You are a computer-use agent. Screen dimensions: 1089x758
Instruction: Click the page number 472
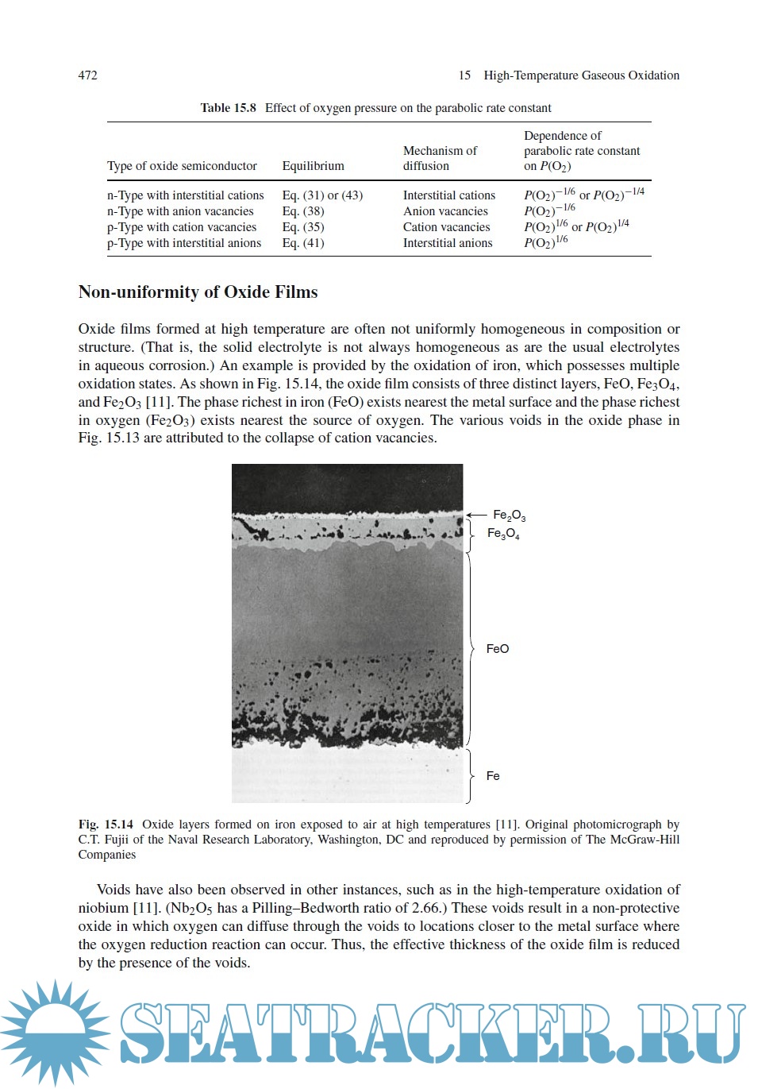point(87,75)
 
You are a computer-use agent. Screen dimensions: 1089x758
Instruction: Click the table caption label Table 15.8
point(228,108)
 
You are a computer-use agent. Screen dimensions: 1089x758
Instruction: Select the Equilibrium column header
point(313,166)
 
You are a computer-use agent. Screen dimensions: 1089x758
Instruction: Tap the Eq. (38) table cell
point(303,211)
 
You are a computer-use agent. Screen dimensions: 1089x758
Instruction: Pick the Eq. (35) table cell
point(303,227)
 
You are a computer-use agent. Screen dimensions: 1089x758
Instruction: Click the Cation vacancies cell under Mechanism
point(446,227)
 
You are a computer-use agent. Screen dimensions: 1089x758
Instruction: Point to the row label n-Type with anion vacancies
point(180,211)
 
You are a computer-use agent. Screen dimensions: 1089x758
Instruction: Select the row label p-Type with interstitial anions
point(184,243)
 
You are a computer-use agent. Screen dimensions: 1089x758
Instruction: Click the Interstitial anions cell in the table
point(448,243)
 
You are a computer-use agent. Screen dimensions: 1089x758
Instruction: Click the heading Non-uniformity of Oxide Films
point(198,292)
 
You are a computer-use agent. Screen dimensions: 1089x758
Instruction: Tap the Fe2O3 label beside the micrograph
point(509,516)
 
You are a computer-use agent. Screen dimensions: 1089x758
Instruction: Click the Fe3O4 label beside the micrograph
point(503,534)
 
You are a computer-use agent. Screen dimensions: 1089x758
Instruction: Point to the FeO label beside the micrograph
point(498,649)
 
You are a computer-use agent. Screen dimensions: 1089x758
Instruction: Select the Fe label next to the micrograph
point(493,776)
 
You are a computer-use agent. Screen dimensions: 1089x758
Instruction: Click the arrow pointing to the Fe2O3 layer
point(475,515)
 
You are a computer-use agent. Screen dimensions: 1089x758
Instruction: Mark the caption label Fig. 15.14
point(106,824)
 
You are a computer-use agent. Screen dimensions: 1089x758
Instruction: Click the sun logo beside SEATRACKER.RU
point(54,1032)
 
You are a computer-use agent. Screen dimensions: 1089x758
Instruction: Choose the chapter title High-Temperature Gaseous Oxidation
point(581,75)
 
